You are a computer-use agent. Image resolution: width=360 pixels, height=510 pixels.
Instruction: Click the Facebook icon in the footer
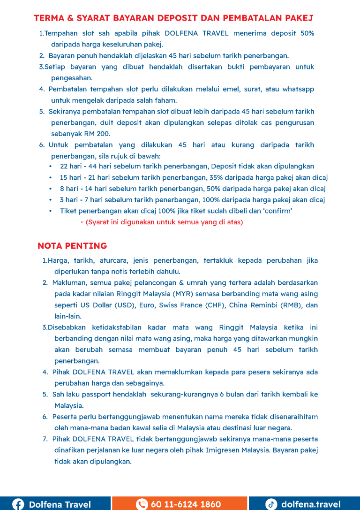coord(18,504)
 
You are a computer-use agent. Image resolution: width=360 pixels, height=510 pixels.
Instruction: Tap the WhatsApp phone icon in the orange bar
coord(142,504)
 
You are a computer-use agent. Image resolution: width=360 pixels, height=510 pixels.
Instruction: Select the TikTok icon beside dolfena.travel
coord(271,504)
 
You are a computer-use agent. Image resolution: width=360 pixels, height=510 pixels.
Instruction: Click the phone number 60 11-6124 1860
coord(186,504)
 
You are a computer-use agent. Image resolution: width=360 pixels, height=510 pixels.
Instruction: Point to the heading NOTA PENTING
coord(72,246)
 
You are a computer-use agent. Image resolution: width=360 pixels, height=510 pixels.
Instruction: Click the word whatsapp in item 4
coord(298,89)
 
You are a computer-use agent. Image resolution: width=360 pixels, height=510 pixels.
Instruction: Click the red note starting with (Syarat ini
coord(164,222)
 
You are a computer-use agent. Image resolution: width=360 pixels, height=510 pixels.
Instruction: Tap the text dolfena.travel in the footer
coord(311,504)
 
